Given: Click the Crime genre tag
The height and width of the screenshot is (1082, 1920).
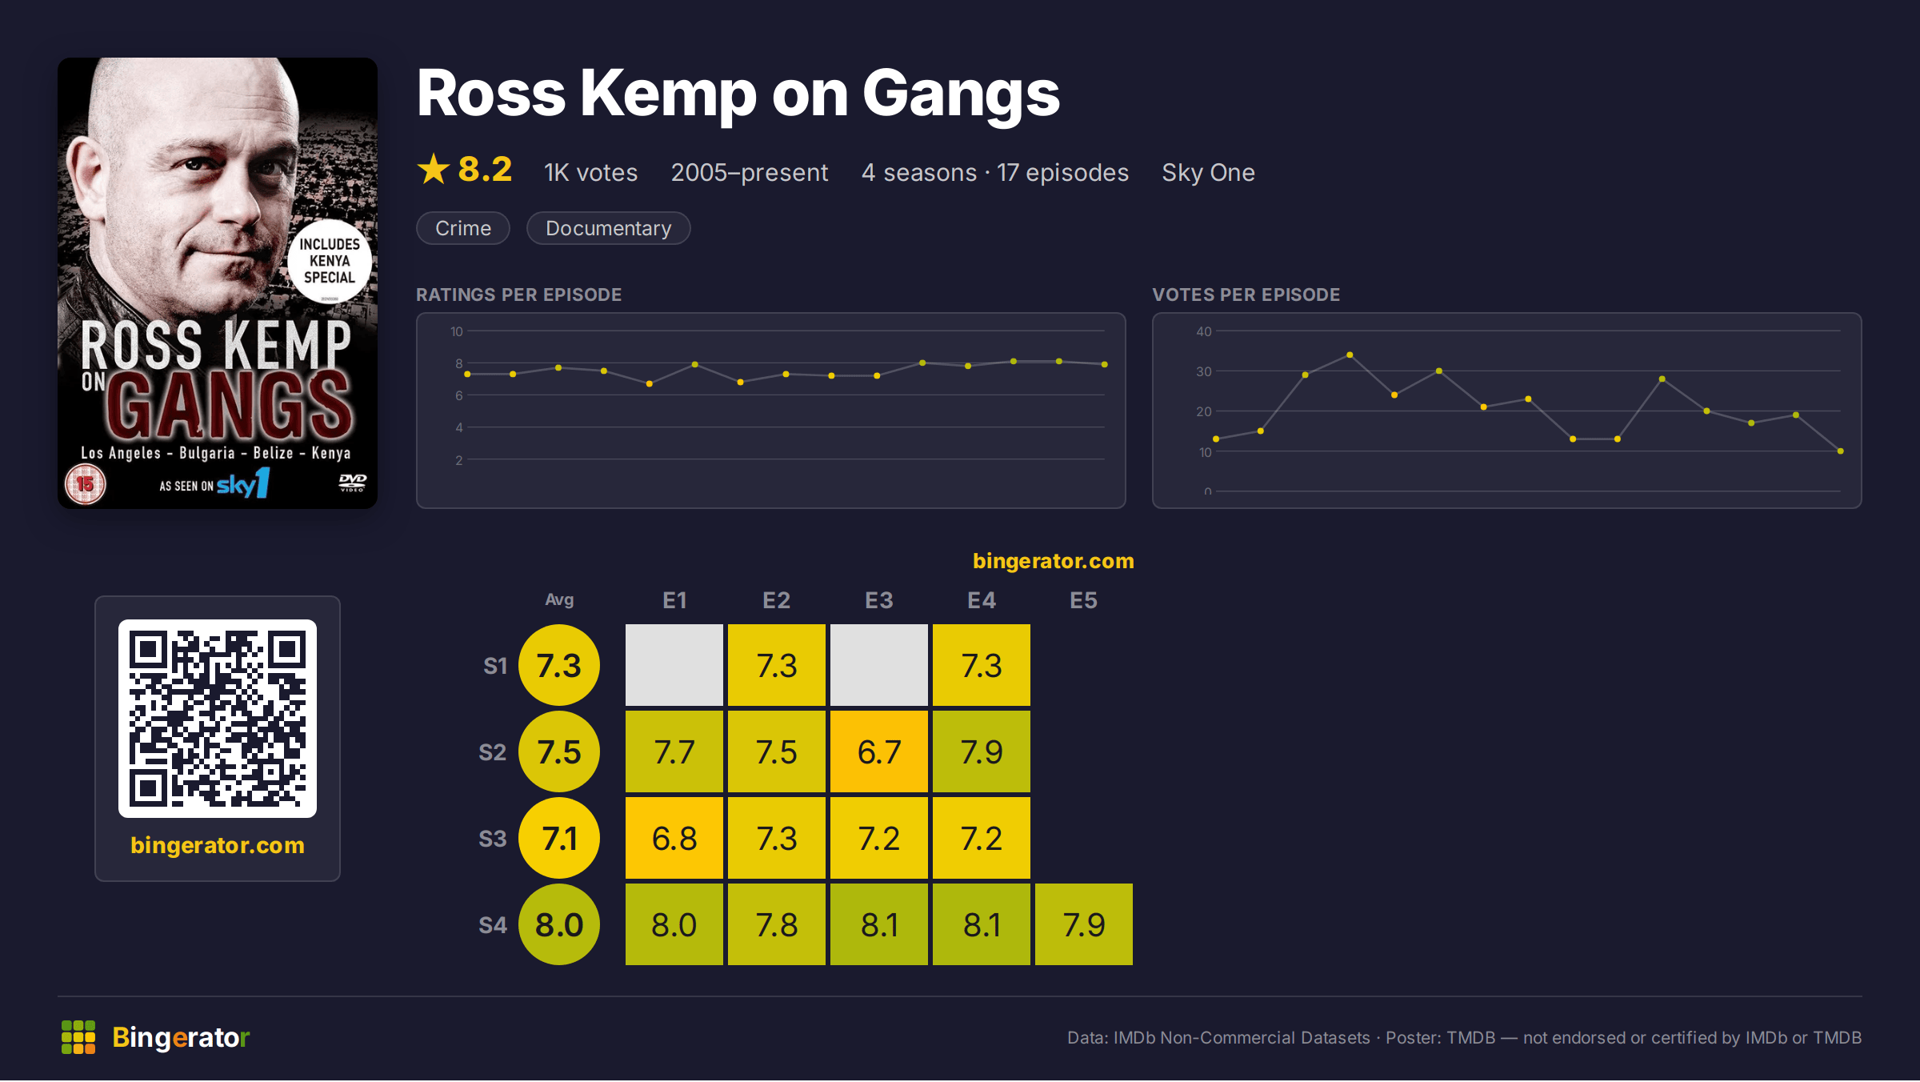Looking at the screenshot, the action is click(x=463, y=228).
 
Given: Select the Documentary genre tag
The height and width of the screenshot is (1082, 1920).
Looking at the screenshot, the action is click(x=608, y=228).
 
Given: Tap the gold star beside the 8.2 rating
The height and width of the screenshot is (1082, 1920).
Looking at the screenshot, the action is click(x=434, y=169).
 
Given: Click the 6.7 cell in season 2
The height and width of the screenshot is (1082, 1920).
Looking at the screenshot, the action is click(x=879, y=751).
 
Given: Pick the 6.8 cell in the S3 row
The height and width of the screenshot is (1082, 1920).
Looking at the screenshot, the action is click(x=674, y=838).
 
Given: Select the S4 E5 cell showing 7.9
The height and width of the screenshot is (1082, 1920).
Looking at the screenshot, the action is click(x=1084, y=924).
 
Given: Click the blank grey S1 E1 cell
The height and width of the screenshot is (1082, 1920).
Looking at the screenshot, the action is click(x=674, y=665).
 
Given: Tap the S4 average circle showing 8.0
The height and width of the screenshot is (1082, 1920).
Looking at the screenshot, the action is click(x=559, y=924).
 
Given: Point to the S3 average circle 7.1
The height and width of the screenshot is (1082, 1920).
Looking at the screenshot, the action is click(x=559, y=838).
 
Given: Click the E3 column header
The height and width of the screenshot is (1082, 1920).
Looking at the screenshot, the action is click(x=879, y=600).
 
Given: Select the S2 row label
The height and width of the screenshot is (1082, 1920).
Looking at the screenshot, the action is click(x=493, y=752).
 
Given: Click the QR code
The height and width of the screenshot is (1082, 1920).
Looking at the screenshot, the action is click(x=218, y=719).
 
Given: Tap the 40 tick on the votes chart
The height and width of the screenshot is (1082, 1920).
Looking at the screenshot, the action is click(x=1204, y=331).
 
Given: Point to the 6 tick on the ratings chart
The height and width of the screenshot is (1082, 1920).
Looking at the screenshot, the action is click(x=459, y=395).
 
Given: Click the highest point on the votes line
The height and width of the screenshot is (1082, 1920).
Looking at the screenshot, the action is click(x=1350, y=355).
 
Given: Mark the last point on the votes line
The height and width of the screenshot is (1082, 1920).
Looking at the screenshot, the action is click(x=1841, y=451).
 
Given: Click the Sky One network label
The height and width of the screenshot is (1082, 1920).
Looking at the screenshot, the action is click(x=1208, y=172).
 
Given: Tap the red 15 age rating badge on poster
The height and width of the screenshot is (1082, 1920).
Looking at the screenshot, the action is click(x=86, y=484).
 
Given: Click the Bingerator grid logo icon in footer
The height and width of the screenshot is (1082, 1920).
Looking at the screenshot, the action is click(x=78, y=1037).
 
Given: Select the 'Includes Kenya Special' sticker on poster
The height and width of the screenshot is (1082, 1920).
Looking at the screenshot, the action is click(x=330, y=261).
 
